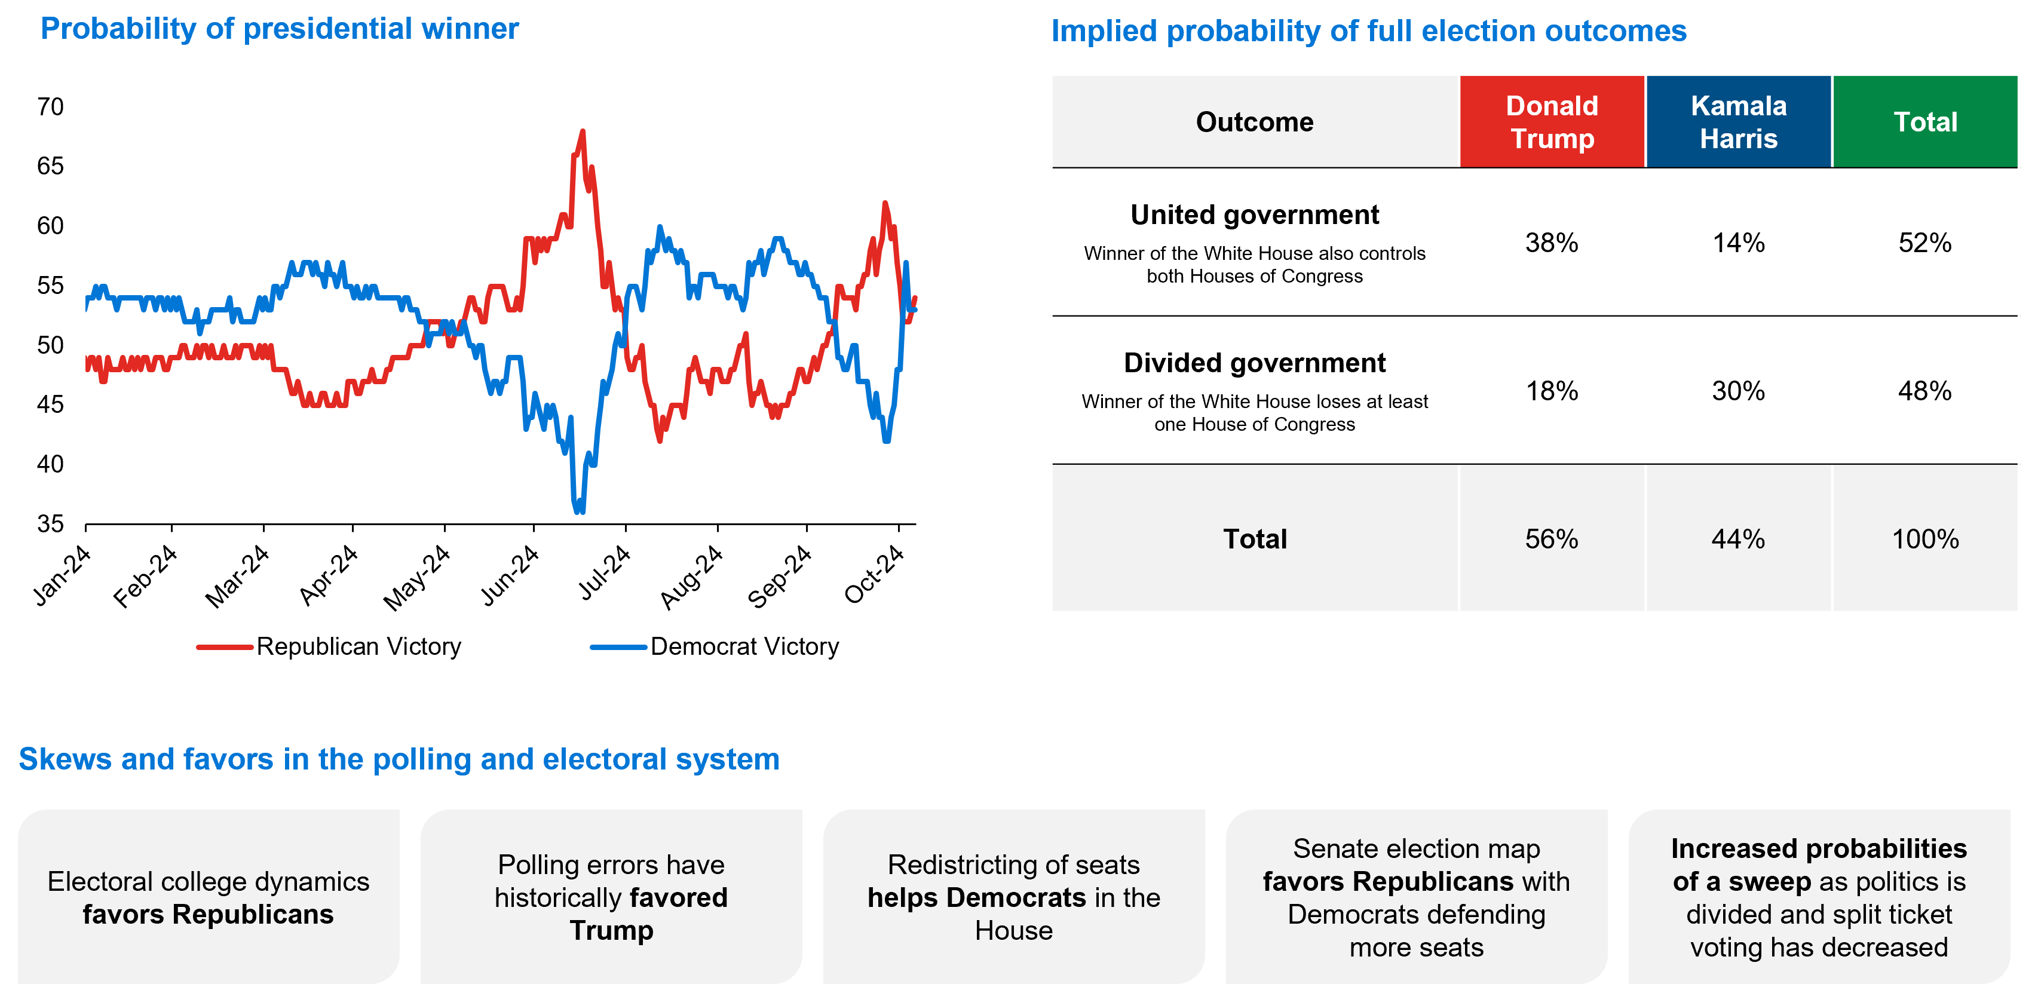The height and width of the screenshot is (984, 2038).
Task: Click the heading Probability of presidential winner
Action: [x=279, y=29]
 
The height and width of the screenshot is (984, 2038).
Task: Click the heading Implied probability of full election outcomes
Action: [x=1368, y=32]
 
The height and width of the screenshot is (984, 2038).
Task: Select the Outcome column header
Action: [x=1254, y=122]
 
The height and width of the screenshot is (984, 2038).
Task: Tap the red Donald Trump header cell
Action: [x=1552, y=122]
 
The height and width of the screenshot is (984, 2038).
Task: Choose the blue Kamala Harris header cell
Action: [x=1738, y=122]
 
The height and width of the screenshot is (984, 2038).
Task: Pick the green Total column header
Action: [x=1925, y=122]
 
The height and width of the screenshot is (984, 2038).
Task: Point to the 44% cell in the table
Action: [x=1737, y=539]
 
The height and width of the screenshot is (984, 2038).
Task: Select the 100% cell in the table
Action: [x=1925, y=539]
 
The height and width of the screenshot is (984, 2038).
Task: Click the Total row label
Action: [x=1255, y=539]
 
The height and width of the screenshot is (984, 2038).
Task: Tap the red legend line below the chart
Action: [x=225, y=647]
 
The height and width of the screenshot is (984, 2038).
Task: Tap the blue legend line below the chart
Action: [x=618, y=647]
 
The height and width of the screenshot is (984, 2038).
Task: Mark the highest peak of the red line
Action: [x=583, y=132]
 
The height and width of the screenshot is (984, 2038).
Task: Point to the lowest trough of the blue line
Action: [x=579, y=510]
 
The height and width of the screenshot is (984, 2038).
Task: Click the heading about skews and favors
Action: [x=399, y=759]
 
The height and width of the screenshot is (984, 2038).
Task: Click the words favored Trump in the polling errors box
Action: [x=633, y=914]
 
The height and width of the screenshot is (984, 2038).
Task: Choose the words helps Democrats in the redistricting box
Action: [x=976, y=898]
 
